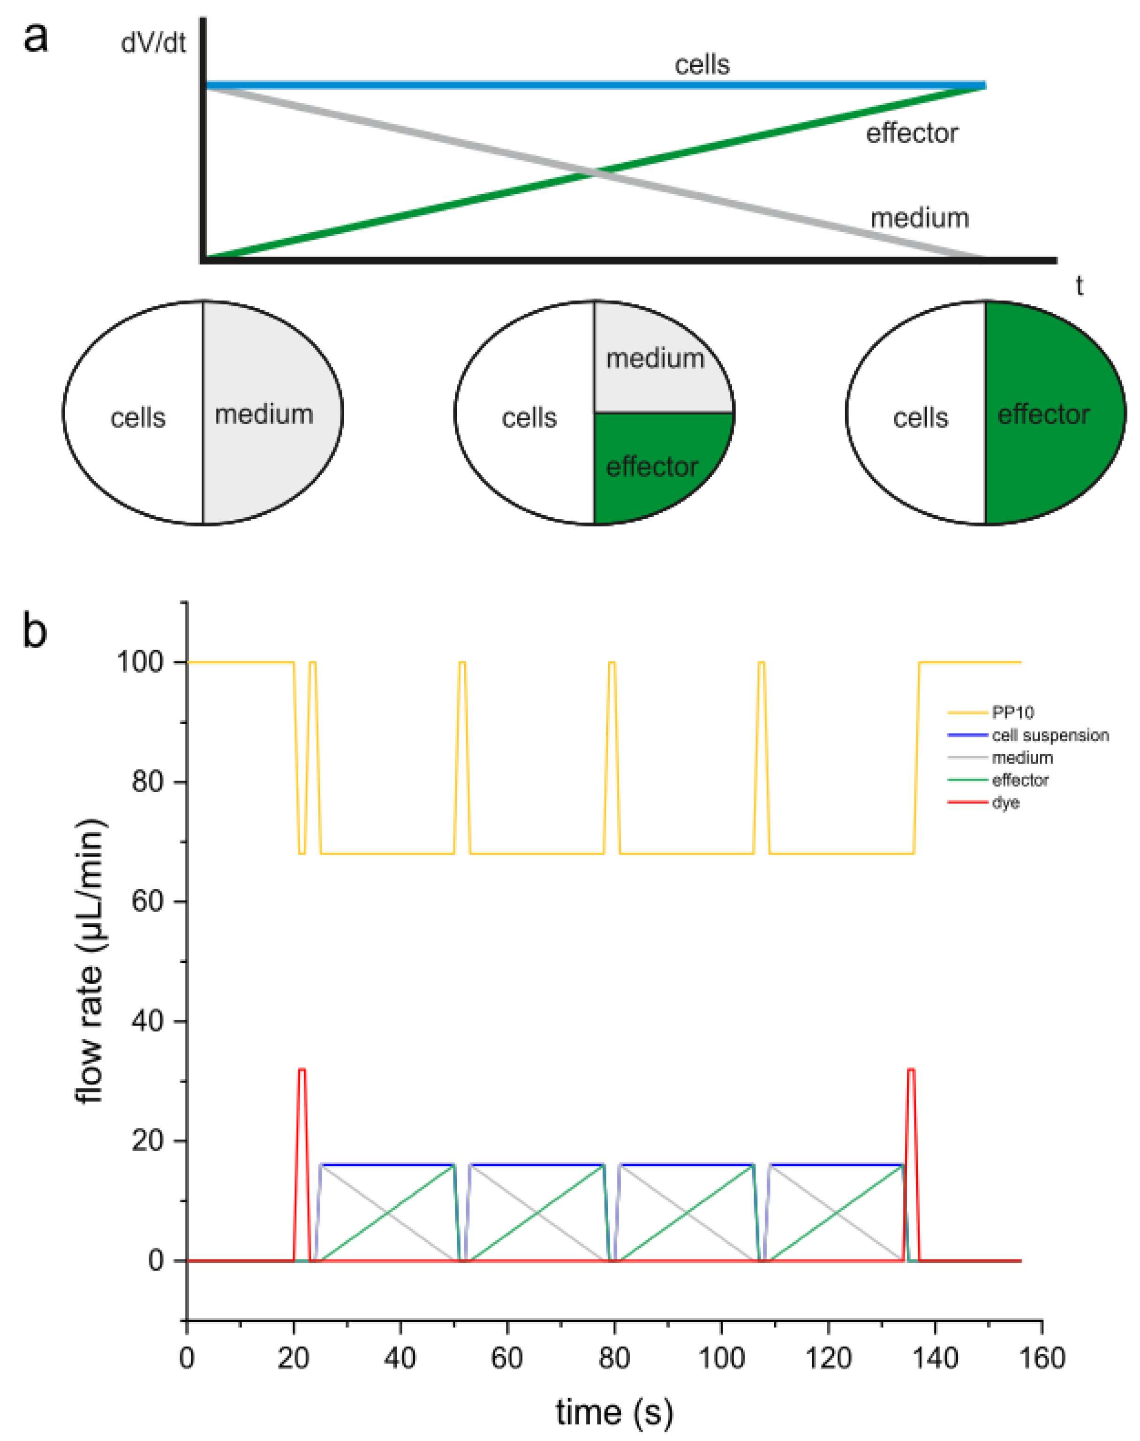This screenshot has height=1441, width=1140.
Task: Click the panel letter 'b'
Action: (x=35, y=631)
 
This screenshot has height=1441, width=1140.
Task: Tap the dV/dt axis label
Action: (x=153, y=44)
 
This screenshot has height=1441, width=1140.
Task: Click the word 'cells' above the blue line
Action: (x=702, y=65)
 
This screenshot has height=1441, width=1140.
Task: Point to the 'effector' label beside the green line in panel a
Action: (x=912, y=134)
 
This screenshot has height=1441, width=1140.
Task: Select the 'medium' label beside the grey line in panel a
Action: (x=919, y=218)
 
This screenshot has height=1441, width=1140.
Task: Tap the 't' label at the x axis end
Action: (x=1079, y=286)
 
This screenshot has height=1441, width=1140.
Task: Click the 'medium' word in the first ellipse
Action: (x=264, y=415)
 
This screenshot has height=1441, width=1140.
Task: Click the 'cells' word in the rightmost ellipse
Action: (x=921, y=418)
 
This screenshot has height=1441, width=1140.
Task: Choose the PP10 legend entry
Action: (x=1012, y=713)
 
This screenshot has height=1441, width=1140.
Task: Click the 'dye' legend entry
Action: (x=1005, y=802)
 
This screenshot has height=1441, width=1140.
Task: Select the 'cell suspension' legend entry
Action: (x=1050, y=735)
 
